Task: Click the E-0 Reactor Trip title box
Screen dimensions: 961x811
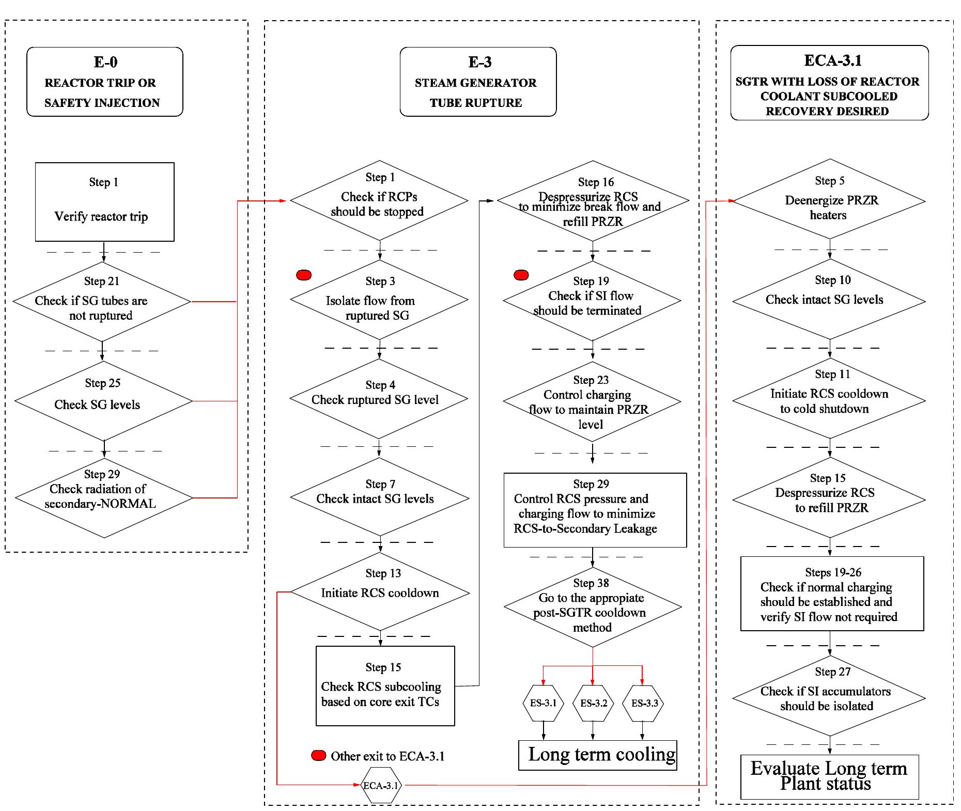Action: [105, 82]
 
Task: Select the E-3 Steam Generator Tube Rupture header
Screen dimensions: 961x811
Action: [478, 82]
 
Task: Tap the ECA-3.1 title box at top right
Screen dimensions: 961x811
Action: [829, 83]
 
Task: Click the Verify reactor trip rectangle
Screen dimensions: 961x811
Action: [105, 202]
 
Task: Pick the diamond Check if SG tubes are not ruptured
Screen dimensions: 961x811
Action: [102, 302]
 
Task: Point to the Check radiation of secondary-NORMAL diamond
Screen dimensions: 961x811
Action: [104, 498]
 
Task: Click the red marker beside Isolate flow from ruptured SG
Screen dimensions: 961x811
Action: [304, 275]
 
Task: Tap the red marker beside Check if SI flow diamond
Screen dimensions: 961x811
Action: [521, 275]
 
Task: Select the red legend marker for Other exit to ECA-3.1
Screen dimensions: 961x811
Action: [319, 756]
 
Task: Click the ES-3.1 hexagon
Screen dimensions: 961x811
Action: [543, 704]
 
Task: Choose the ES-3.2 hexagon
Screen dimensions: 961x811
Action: [593, 704]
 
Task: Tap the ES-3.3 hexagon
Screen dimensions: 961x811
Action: [643, 704]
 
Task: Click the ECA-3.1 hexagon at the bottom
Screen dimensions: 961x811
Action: [381, 785]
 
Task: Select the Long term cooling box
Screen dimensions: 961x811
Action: [598, 755]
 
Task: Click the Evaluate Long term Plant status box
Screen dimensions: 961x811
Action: [830, 777]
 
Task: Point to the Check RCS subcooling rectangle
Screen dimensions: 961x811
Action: [385, 686]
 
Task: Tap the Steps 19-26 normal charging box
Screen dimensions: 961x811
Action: [832, 594]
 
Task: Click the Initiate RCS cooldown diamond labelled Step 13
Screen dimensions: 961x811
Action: [380, 591]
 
